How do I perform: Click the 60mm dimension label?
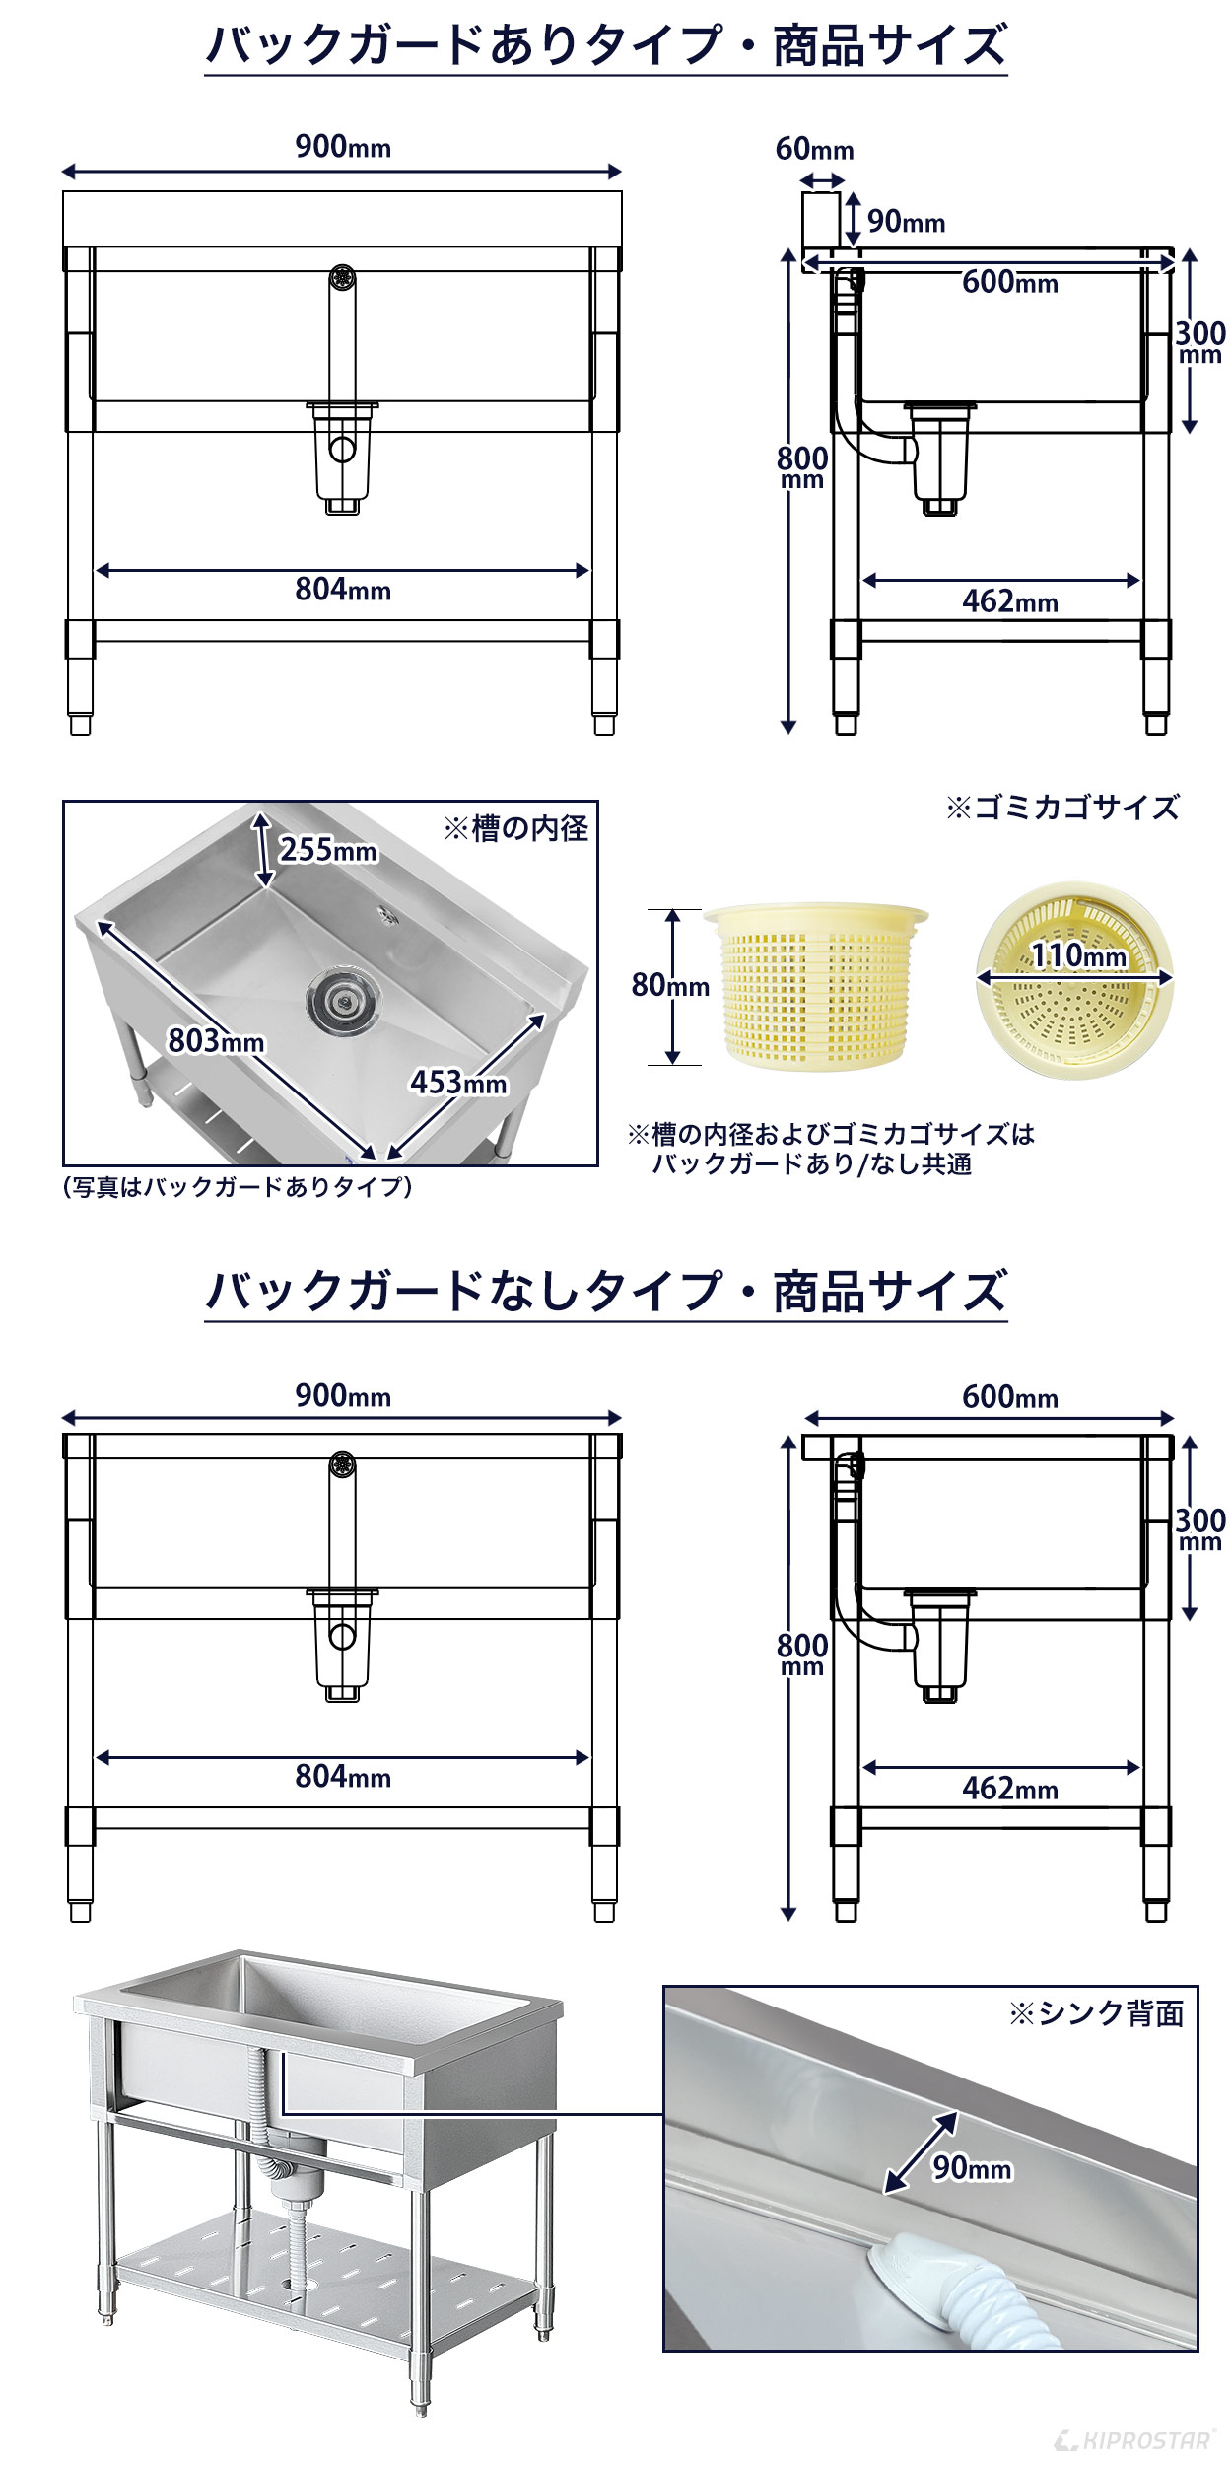coord(814,149)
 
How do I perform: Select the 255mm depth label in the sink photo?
coord(328,849)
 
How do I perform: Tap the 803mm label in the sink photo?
coord(216,1040)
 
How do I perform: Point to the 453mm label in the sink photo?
coord(458,1083)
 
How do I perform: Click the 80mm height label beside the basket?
coord(670,984)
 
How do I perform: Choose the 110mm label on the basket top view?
coord(1078,954)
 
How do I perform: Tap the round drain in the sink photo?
coord(342,1000)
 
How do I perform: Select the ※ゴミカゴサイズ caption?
coord(1061,808)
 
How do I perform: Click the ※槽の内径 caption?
coord(515,828)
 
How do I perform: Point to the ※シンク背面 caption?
coord(1096,2013)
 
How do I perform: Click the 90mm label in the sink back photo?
coord(972,2167)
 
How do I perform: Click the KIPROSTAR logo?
coord(1134,2440)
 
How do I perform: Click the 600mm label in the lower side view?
coord(1009,1396)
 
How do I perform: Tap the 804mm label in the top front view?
coord(342,590)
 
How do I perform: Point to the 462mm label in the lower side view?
coord(1009,1788)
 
